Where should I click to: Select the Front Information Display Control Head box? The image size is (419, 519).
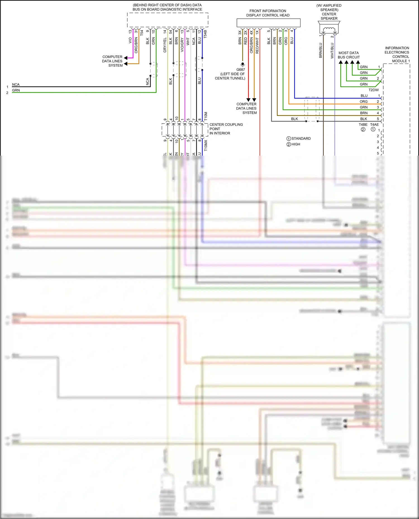coord(268,23)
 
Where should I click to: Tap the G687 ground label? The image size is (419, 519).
coord(241,70)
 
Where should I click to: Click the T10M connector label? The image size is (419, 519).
coord(206,116)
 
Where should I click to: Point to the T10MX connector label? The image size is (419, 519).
coord(206,146)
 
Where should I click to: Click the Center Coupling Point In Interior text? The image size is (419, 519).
coord(226,129)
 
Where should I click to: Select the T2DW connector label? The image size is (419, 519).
coord(373,90)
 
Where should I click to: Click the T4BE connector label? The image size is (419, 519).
coord(363,125)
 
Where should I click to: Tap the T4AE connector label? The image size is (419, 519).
coord(374,125)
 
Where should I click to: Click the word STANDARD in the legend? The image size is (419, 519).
coord(301,139)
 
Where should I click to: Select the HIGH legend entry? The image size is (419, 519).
coord(296,144)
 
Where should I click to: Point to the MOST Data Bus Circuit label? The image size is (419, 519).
coord(349,55)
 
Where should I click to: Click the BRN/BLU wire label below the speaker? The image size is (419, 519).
coord(321,50)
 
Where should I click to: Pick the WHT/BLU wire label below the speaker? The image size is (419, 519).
coord(332,50)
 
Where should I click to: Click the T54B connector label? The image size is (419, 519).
coord(205,34)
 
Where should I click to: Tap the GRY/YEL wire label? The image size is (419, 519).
coord(165,45)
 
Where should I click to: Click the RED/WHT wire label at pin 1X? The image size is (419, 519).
coord(257,45)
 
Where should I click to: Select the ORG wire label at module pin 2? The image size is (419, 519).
coord(363,102)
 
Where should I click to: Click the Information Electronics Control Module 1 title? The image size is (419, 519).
coord(397,54)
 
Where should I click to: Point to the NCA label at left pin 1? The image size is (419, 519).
coord(16,85)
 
